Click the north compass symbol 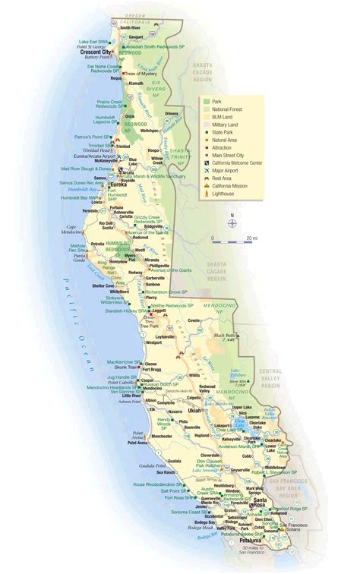[233, 223]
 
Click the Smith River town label [141, 27]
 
